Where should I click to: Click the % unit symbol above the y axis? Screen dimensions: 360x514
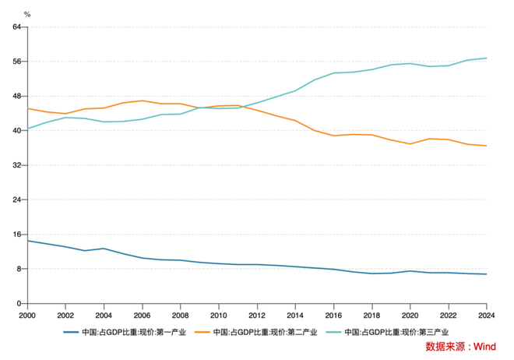tap(26, 14)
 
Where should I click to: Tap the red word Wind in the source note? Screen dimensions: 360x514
tap(486, 346)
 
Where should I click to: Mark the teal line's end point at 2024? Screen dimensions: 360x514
tap(487, 58)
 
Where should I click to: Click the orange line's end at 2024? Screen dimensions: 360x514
tap(487, 146)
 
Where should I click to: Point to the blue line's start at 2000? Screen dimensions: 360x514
tap(28, 241)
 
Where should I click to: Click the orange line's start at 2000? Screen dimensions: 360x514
tap(28, 108)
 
